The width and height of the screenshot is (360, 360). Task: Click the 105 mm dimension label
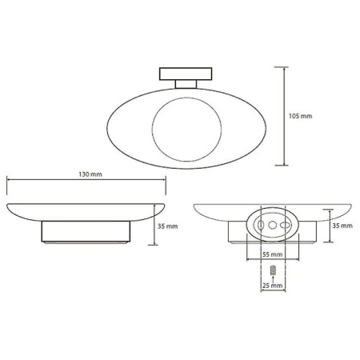(x=300, y=116)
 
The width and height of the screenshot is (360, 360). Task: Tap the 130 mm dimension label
(x=90, y=174)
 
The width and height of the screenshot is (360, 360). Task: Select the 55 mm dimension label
(x=272, y=254)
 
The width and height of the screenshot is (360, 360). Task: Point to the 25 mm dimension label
(x=272, y=286)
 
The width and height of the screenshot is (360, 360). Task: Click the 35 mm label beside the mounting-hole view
(x=342, y=226)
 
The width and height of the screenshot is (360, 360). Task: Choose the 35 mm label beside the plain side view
(x=167, y=226)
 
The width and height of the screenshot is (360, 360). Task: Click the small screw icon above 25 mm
(x=273, y=270)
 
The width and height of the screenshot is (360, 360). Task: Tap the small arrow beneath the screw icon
(x=273, y=279)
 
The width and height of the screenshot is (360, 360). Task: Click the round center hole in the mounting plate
(x=272, y=225)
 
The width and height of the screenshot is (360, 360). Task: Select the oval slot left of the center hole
(x=261, y=225)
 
